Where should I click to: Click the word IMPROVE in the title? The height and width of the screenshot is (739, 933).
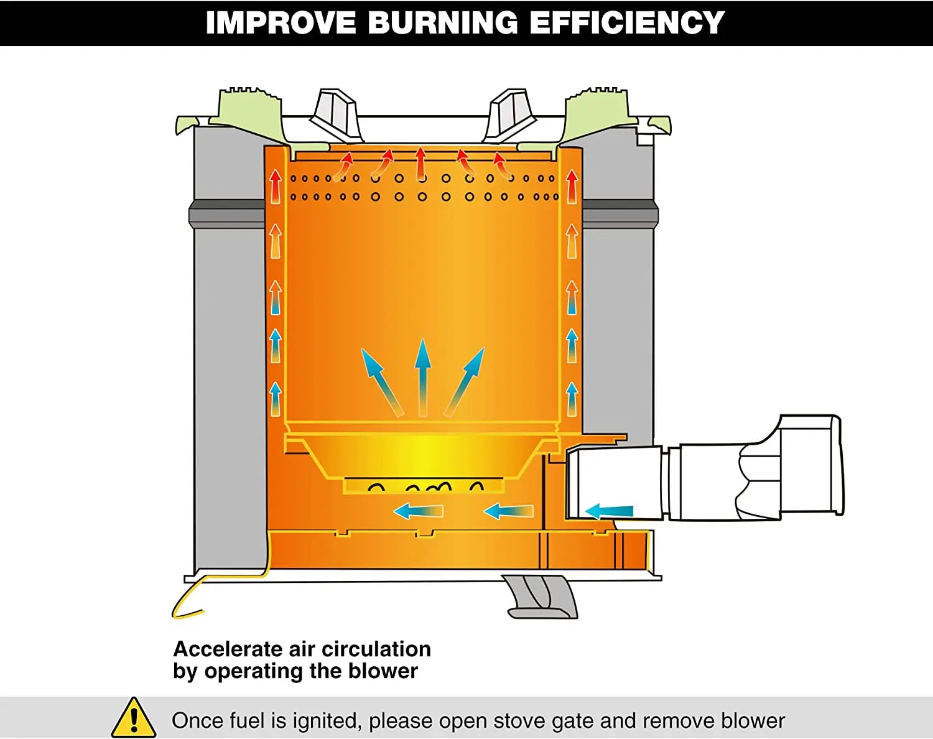[281, 22]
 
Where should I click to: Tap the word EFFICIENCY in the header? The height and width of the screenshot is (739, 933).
[627, 22]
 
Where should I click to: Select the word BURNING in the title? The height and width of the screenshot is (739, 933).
[443, 22]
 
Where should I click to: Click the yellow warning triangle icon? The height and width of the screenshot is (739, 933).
[134, 718]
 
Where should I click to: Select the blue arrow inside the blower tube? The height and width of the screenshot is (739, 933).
[609, 511]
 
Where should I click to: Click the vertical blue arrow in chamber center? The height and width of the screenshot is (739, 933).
[423, 378]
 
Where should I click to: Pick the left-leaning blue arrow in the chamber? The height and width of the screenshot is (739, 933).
[383, 382]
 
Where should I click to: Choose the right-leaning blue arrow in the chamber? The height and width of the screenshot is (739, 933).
[464, 382]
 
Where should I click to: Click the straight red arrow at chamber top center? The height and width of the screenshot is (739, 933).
[420, 163]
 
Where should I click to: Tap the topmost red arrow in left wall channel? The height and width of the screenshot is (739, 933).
[276, 187]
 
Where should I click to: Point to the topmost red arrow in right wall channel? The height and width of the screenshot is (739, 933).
[572, 187]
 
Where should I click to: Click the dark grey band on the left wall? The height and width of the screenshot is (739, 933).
[227, 214]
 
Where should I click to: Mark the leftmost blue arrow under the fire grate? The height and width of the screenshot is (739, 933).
[418, 511]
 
